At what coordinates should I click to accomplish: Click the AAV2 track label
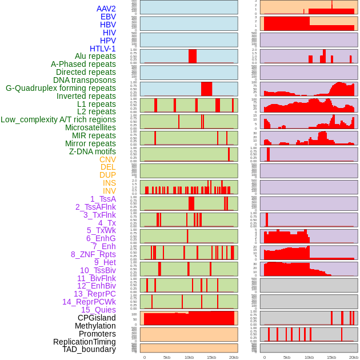[106, 9]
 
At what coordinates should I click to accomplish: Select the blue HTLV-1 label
[102, 49]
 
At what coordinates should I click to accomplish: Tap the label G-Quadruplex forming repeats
[61, 88]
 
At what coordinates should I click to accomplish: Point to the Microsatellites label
[90, 127]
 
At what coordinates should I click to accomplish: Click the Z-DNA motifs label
[92, 151]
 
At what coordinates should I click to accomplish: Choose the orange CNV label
[107, 159]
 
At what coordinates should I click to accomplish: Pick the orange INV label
[109, 191]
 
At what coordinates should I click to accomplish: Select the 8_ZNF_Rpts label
[93, 254]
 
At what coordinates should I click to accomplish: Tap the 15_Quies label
[98, 310]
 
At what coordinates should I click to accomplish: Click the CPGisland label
[97, 318]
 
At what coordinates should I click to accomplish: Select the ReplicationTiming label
[84, 342]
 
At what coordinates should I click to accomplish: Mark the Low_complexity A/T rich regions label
[58, 119]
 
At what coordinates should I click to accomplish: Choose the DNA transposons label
[85, 80]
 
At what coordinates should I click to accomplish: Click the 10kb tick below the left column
[189, 357]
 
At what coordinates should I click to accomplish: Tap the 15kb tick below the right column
[331, 357]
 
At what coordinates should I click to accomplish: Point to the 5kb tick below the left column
[167, 357]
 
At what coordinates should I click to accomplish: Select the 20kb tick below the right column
[354, 357]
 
